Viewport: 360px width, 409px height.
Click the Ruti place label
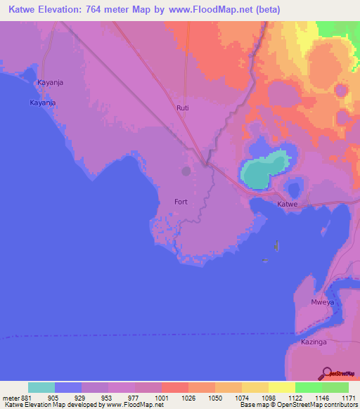[x=182, y=108]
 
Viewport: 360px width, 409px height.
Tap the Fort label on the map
[x=181, y=202]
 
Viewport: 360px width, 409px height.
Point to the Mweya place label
[x=321, y=302]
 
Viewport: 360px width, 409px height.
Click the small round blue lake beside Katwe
[x=293, y=186]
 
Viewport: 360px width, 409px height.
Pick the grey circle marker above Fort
[x=186, y=171]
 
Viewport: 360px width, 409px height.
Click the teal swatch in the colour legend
[x=41, y=387]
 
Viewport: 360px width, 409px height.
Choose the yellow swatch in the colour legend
[x=281, y=387]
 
